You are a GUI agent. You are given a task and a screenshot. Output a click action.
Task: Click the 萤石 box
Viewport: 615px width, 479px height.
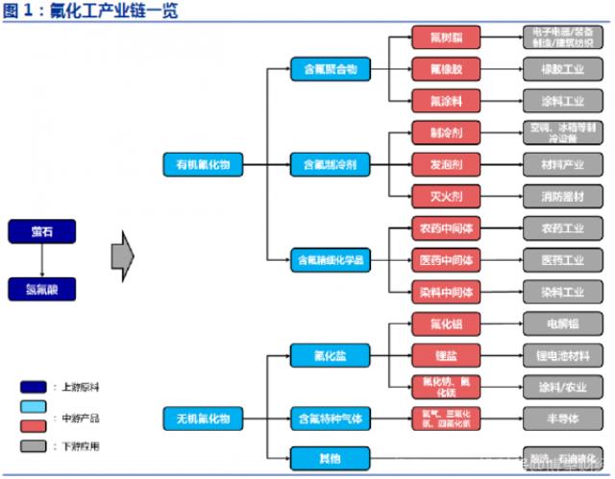[x=41, y=230]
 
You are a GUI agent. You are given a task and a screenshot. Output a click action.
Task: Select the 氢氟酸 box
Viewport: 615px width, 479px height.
[x=41, y=288]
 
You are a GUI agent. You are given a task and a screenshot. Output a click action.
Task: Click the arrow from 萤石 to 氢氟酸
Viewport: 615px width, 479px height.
[x=41, y=259]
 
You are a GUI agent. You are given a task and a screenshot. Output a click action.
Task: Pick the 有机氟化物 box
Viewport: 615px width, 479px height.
[x=203, y=164]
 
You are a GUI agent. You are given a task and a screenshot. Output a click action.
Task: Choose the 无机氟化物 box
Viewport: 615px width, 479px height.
[x=203, y=418]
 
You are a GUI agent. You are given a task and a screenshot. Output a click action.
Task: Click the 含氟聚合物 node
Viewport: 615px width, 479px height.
[x=327, y=69]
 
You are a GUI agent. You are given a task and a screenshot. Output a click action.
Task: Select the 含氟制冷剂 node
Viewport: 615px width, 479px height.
[x=327, y=164]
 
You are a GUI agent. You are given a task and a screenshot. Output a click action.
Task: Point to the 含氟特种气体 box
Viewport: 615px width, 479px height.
[x=327, y=418]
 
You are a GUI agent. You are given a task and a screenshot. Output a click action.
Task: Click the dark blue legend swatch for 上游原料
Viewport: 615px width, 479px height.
[x=32, y=386]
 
